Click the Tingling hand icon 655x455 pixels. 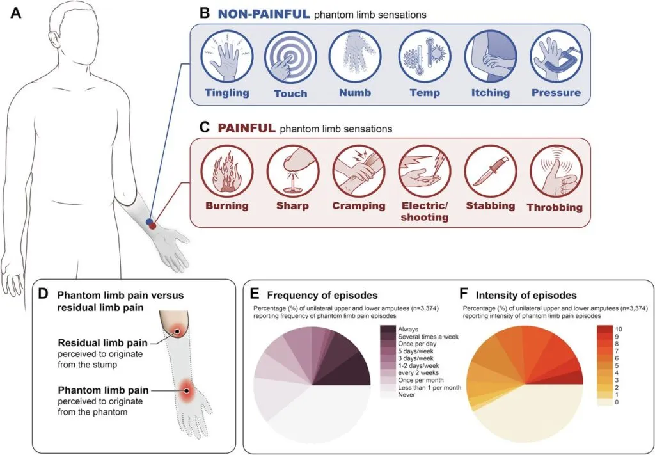point(223,60)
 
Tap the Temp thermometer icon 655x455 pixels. point(425,60)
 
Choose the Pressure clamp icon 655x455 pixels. point(555,60)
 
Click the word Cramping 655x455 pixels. point(358,206)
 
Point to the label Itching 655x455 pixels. point(491,93)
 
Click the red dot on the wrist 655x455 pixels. point(152,227)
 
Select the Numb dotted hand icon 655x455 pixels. point(355,60)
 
